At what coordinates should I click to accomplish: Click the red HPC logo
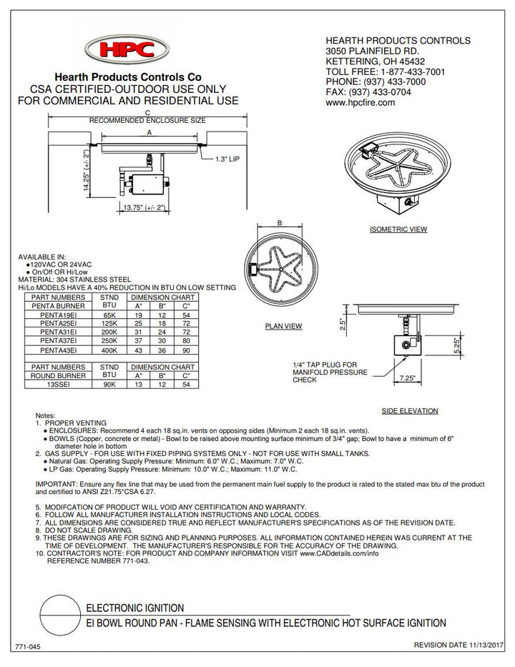point(128,52)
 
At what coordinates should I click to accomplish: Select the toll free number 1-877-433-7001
point(405,72)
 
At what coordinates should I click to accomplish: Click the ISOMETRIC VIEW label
point(398,229)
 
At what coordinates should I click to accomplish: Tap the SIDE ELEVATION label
point(410,411)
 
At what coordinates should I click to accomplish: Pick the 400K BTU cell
point(109,350)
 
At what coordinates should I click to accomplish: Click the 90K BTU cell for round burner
point(109,383)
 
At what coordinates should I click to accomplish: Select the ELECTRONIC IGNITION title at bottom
point(135,607)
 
